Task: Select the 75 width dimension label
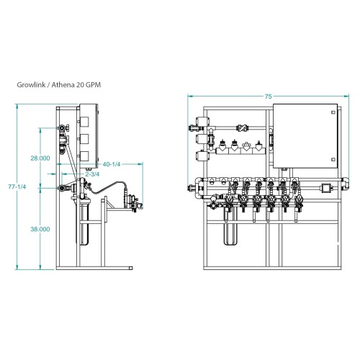coord(268,96)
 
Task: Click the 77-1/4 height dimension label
coord(17,186)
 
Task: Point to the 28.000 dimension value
coord(40,158)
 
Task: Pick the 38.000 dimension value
coord(40,229)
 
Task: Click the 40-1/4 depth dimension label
coord(112,164)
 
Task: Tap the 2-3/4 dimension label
coord(92,174)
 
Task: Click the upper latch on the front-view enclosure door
coord(333,112)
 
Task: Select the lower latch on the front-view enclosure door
coord(333,159)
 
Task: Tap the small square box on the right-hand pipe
coord(326,188)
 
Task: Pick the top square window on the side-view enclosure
coord(84,122)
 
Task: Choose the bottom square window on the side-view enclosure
coord(84,156)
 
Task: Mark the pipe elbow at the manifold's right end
coord(345,183)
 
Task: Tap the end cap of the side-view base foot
coord(130,268)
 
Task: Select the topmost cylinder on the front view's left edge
coord(203,121)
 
